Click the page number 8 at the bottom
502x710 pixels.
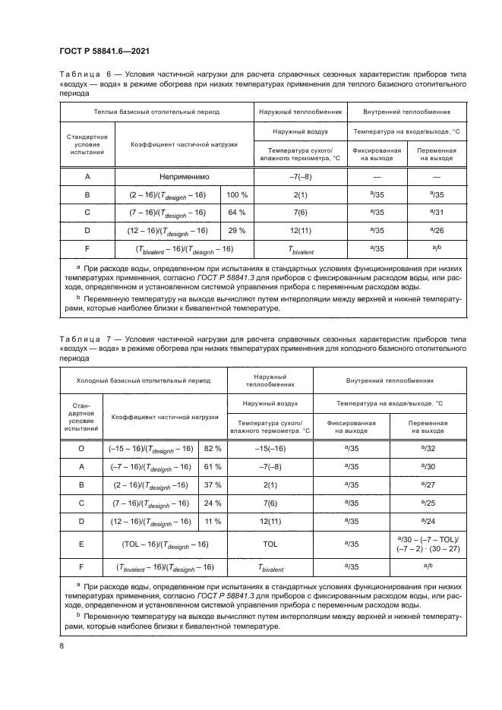(62, 645)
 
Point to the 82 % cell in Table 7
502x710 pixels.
(213, 449)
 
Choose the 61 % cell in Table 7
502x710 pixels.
(213, 467)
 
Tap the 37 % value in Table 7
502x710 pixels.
(213, 484)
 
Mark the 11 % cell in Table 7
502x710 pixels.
(213, 521)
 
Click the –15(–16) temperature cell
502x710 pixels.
(270, 449)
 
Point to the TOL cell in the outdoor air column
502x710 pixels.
(270, 544)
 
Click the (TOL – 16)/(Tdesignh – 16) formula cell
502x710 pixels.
(166, 544)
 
